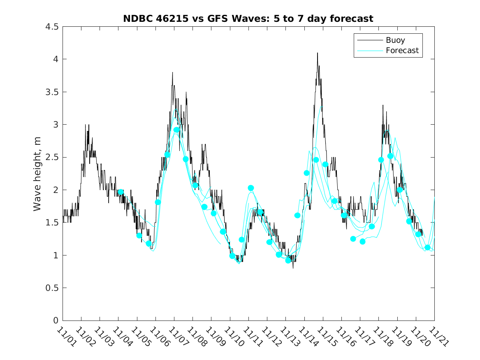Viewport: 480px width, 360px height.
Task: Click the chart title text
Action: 248,19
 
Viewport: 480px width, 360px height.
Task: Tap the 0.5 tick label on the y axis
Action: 51,288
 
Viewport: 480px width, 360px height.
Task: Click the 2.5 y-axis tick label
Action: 51,157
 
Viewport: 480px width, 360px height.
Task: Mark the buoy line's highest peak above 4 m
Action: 317,53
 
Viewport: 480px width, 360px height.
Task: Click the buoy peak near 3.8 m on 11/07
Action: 172,73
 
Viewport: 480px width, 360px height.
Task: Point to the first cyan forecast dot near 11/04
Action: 121,192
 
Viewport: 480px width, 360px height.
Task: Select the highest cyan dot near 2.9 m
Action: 176,130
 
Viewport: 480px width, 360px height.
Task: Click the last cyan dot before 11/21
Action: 427,248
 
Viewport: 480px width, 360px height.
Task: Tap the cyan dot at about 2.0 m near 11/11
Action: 251,188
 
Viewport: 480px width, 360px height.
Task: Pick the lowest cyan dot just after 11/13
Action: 288,260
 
